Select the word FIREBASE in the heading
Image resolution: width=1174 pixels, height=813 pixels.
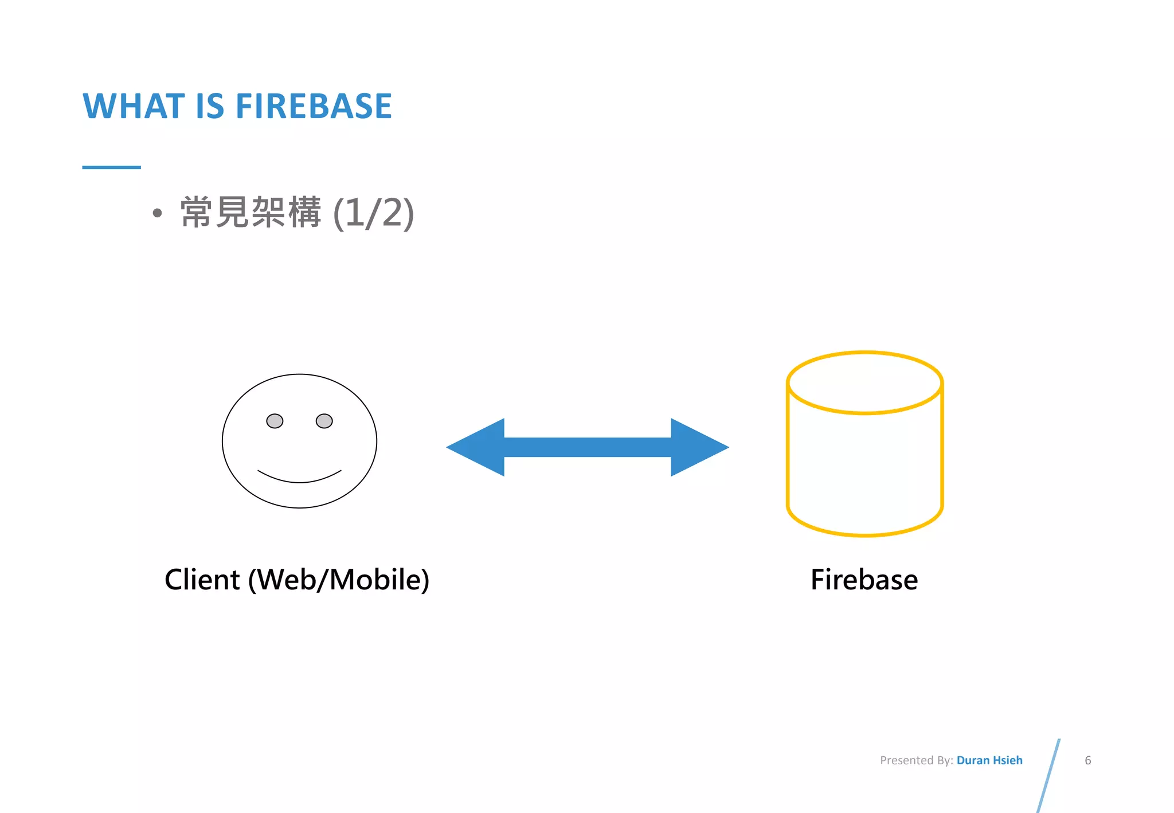(314, 106)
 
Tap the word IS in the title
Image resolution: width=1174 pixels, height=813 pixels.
(210, 106)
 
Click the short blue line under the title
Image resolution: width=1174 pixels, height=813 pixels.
(111, 167)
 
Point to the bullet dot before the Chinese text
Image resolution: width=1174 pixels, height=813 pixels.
(158, 214)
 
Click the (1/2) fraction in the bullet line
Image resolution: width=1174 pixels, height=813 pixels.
(373, 213)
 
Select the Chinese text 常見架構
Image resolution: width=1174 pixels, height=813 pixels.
(251, 213)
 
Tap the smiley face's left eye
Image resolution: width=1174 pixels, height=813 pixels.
(275, 421)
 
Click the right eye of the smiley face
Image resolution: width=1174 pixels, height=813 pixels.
(324, 421)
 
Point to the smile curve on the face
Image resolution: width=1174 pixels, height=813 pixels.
(299, 479)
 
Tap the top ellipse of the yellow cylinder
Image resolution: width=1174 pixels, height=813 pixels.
(865, 382)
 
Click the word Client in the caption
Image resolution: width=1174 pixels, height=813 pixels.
(202, 580)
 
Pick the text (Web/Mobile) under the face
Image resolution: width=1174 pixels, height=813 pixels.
(338, 580)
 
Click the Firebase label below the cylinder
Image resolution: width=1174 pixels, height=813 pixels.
(864, 580)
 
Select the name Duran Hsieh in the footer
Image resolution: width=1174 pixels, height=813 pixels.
(989, 760)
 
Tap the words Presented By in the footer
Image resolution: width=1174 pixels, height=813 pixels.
(916, 760)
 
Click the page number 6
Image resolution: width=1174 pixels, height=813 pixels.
(1087, 760)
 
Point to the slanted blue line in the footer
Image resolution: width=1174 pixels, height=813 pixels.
(1049, 775)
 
